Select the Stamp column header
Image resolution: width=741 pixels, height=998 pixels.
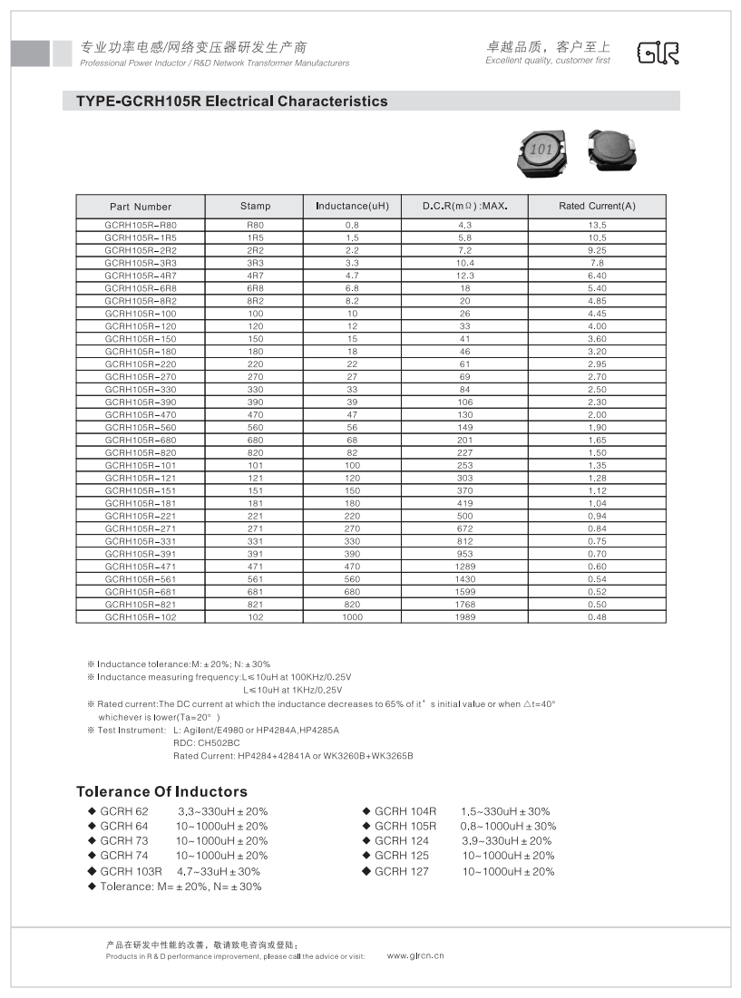(x=256, y=206)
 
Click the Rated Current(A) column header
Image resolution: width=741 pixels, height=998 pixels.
(x=597, y=206)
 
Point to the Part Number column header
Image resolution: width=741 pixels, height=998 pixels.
(x=141, y=206)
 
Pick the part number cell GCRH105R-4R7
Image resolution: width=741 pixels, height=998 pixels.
(x=141, y=275)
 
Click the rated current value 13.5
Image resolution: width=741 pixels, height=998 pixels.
(x=597, y=224)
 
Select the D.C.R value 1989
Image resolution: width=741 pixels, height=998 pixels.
(x=463, y=617)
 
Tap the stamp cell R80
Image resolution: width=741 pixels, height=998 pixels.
(x=256, y=224)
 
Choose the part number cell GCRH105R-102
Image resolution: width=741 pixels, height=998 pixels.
(x=141, y=617)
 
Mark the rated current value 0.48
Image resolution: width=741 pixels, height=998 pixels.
(x=597, y=617)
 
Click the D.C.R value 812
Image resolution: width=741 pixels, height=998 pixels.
(x=463, y=541)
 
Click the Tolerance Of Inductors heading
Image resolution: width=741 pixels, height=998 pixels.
(x=161, y=791)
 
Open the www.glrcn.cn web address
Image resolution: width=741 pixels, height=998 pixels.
(x=415, y=955)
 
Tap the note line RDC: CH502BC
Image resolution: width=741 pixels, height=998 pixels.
(x=207, y=742)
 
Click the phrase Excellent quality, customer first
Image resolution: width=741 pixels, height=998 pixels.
(x=548, y=61)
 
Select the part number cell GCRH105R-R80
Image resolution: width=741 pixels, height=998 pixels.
(x=141, y=224)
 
